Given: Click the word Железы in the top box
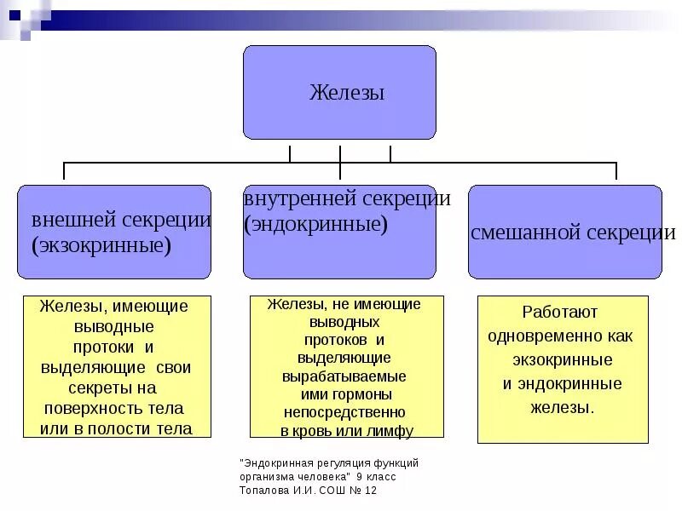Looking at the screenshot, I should (346, 92).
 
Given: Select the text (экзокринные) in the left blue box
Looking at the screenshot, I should (101, 246).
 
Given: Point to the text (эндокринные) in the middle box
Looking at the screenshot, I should (315, 225).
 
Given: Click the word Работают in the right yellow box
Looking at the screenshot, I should (561, 312).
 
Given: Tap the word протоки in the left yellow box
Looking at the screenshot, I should (102, 347).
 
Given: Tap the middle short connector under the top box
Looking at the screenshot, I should (340, 153).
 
